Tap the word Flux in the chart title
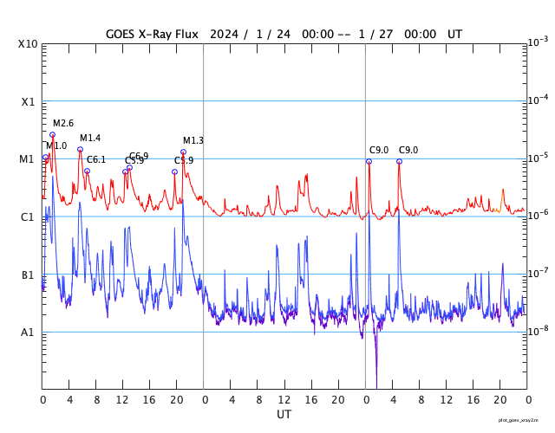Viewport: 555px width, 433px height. (185, 34)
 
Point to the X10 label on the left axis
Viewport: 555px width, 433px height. (28, 44)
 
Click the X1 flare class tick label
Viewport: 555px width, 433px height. (28, 101)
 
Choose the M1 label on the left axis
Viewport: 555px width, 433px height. (28, 159)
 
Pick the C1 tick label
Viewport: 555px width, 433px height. (28, 216)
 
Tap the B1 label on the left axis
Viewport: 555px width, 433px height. (28, 275)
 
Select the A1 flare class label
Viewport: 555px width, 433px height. (28, 332)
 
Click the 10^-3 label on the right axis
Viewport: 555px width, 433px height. (539, 42)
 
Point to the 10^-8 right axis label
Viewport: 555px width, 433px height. (539, 330)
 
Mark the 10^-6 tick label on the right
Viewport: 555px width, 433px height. (539, 215)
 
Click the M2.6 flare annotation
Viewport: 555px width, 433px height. (63, 124)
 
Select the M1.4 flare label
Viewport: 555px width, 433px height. (90, 139)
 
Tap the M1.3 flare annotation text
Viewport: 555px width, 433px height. (193, 141)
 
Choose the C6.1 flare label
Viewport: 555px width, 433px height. (96, 159)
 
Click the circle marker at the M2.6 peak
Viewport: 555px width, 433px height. (52, 134)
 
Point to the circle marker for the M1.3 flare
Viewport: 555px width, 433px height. (183, 152)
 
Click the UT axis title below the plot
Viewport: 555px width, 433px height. (284, 415)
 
